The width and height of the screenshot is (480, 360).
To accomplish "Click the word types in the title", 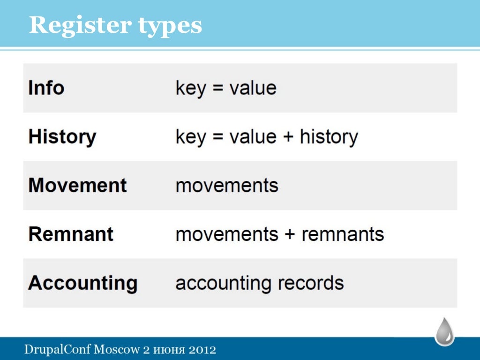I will click(x=170, y=26).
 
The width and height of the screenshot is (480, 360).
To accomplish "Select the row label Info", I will click(x=46, y=88).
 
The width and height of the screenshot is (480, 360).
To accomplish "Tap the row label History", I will click(x=62, y=137).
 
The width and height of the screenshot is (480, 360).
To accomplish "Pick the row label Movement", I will click(x=77, y=186).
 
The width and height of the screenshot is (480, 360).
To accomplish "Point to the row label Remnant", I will click(x=71, y=234).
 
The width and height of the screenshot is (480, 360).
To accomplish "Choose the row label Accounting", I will click(x=82, y=283).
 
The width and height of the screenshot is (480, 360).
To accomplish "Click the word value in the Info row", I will click(x=253, y=88).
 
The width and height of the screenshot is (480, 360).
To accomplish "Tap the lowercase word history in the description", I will click(x=329, y=137).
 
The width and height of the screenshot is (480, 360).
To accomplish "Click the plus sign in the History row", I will click(x=288, y=137).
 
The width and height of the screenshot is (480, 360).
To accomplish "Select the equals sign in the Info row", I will click(x=217, y=89).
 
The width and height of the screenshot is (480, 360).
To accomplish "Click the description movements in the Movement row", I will click(x=227, y=186).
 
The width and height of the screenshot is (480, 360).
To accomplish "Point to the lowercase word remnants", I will click(x=343, y=234).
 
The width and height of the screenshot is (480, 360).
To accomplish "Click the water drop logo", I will click(x=444, y=331).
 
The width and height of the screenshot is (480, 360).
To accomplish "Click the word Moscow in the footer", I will click(x=116, y=350).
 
